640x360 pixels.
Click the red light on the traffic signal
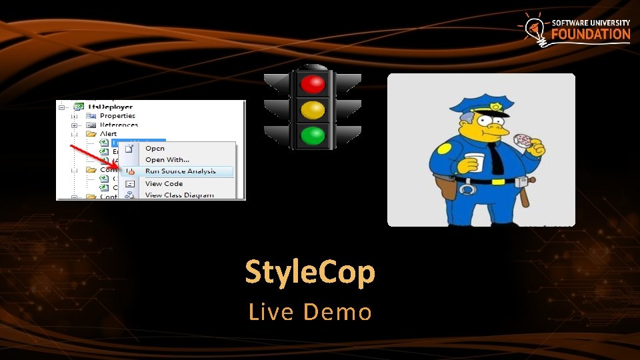[312, 83]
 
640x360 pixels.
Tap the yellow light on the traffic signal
[312, 109]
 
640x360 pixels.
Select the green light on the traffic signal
[312, 135]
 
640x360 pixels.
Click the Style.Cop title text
[310, 272]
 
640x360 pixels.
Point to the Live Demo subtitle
[310, 311]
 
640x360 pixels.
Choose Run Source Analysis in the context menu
[181, 171]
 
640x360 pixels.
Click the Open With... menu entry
[167, 159]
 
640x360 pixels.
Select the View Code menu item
[164, 183]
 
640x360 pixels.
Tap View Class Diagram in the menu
[179, 195]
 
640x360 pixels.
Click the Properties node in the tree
[117, 116]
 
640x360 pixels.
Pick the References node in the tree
[119, 125]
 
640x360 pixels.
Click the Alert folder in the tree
[108, 134]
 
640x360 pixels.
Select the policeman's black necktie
[498, 158]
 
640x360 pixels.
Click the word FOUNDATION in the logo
[591, 35]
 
